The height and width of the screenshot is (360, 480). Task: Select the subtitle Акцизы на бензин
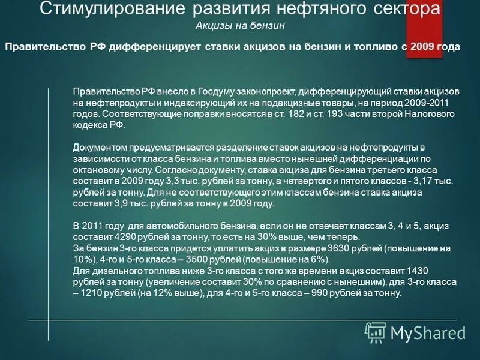pos(240,26)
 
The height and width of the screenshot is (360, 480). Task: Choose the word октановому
pos(99,170)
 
